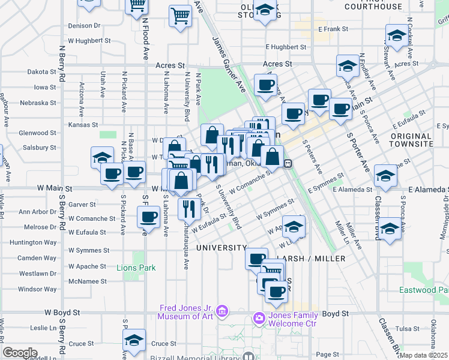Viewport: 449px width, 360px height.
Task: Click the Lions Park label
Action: pos(136,267)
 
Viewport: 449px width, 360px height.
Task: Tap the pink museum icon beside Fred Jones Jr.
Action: pos(222,311)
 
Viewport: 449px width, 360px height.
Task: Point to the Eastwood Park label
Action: pos(424,290)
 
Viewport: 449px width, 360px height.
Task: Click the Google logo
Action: pos(19,353)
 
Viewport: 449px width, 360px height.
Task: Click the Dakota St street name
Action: pos(41,71)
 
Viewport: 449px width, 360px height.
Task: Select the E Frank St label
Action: pos(333,29)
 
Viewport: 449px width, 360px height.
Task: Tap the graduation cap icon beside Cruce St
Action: pos(134,340)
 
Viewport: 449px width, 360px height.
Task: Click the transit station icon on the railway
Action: pos(288,163)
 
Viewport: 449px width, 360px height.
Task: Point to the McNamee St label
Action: pos(88,281)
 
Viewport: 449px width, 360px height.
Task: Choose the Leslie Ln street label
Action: pos(43,328)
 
